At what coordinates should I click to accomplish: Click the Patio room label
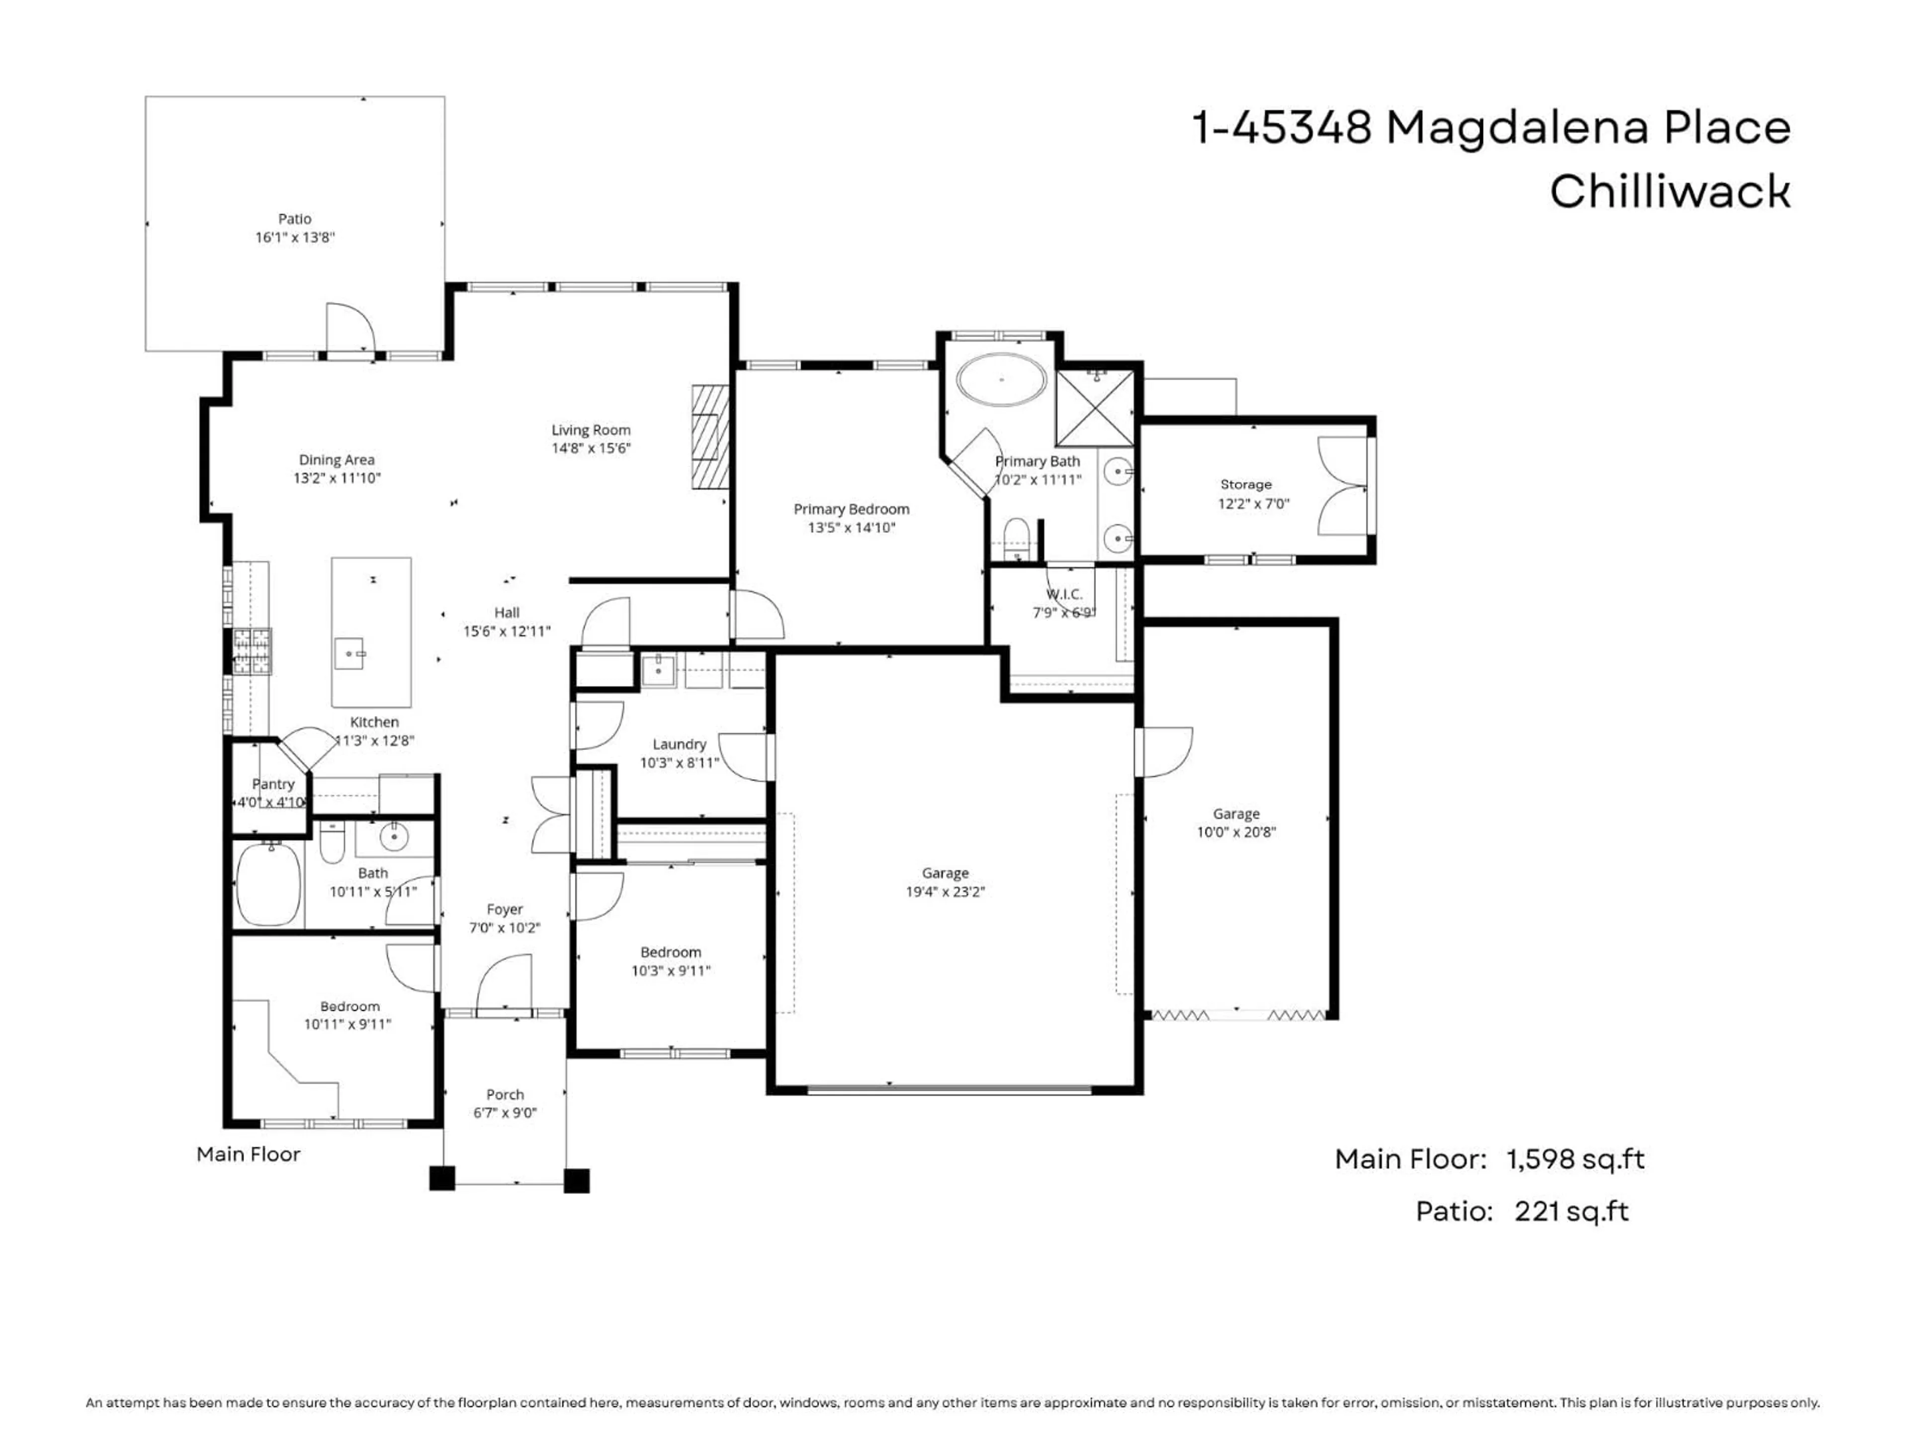(x=294, y=219)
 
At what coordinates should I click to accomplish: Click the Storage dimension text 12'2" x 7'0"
(x=1253, y=503)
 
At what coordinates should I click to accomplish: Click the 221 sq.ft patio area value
(x=1570, y=1211)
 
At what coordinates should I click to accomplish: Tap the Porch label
(x=505, y=1094)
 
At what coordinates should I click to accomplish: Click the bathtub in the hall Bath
(x=268, y=884)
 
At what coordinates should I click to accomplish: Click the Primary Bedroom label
(x=851, y=509)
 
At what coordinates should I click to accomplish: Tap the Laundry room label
(x=679, y=744)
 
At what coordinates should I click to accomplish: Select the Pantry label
(x=273, y=784)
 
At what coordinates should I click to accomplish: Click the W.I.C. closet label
(x=1063, y=595)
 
